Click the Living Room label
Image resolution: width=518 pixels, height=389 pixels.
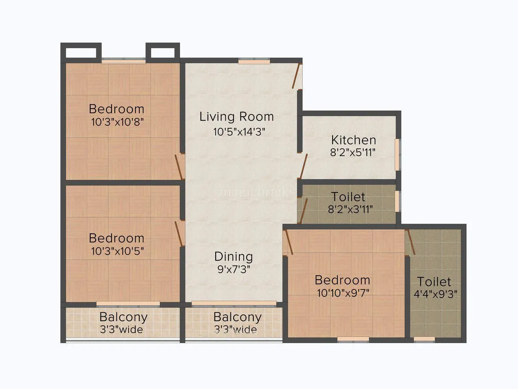tap(236, 117)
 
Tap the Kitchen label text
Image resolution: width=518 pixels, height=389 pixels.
tap(353, 140)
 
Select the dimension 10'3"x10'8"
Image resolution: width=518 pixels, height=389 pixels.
tap(117, 122)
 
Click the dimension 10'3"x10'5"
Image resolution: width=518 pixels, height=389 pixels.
tap(117, 251)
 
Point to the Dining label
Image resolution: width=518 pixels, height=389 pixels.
tap(234, 256)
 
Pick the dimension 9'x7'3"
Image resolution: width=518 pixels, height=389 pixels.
tap(234, 269)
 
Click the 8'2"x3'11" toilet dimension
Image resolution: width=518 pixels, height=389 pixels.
tap(350, 209)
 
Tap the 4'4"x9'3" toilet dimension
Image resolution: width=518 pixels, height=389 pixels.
tap(435, 294)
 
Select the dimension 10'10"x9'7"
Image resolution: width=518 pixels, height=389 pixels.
tap(343, 293)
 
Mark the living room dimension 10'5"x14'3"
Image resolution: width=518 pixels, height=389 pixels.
tap(239, 131)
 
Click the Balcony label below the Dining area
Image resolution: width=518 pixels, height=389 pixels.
tap(237, 317)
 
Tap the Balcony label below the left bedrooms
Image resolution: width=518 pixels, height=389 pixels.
tap(123, 317)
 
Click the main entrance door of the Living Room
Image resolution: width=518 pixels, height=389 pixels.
tap(297, 76)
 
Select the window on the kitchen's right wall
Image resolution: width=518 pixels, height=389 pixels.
tap(397, 154)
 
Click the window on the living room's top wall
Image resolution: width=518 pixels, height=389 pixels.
tap(254, 61)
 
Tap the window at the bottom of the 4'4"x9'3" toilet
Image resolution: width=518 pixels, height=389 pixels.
tap(424, 339)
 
